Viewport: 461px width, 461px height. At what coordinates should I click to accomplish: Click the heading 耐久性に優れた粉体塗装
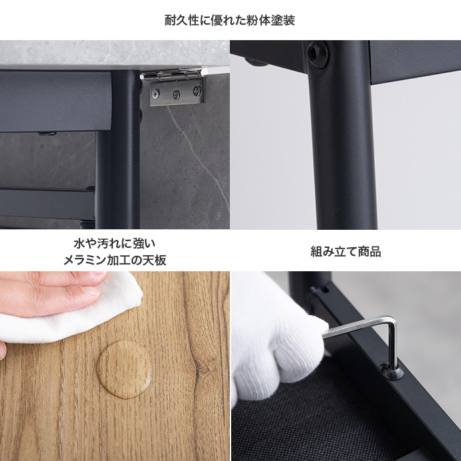coord(230,20)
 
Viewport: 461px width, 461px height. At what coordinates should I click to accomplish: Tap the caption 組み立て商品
coord(346,251)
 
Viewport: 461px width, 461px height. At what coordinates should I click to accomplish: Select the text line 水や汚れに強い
coord(114,243)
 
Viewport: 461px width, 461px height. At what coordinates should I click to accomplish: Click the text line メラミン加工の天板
coord(115,260)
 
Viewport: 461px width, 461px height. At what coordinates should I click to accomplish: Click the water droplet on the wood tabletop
coord(124,369)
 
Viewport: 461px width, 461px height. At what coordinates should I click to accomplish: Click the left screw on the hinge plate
coord(156,94)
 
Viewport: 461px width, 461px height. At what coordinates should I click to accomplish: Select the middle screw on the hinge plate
coord(176,94)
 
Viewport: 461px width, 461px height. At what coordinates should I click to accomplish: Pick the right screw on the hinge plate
coord(197,91)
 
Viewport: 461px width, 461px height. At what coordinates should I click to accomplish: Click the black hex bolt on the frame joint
coord(318,54)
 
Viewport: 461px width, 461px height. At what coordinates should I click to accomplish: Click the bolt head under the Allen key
coord(392,371)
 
